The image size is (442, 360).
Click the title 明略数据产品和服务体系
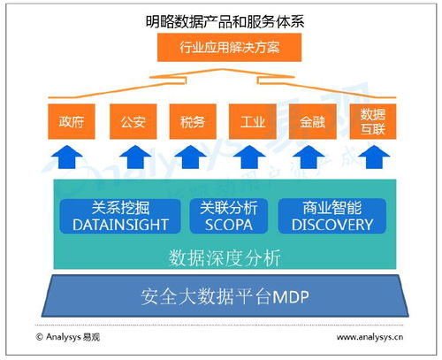pos(220,19)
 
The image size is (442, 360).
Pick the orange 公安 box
pos(129,121)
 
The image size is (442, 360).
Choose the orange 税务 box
pos(189,121)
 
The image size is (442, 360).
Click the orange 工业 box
pos(250,121)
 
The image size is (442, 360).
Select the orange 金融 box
pos(310,121)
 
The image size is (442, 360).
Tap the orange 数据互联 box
pos(370,121)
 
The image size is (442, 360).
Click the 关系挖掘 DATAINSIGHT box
pos(119,217)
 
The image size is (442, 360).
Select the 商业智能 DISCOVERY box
pos(331,217)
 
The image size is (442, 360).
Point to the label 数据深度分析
pos(225,258)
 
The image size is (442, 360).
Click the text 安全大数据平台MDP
pos(222,296)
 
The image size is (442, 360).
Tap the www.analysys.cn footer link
pos(370,337)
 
